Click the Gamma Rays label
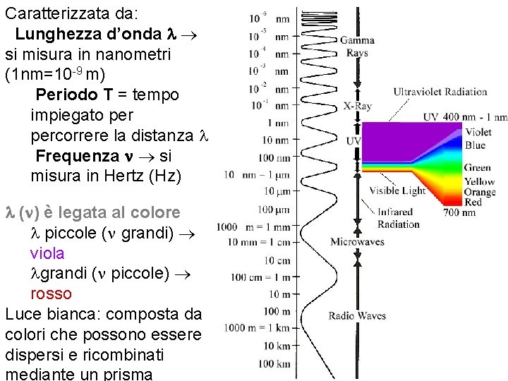(x=357, y=46)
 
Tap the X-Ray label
(x=358, y=107)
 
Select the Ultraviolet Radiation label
(x=440, y=91)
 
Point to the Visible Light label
(x=398, y=190)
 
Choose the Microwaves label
(x=357, y=242)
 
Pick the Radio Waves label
(x=357, y=315)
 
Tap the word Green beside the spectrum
(x=478, y=168)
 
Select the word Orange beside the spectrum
(x=480, y=192)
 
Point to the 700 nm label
(x=480, y=212)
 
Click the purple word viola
(x=47, y=253)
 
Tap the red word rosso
(x=51, y=293)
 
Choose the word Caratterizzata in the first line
(x=54, y=13)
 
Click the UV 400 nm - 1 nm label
(x=465, y=116)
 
